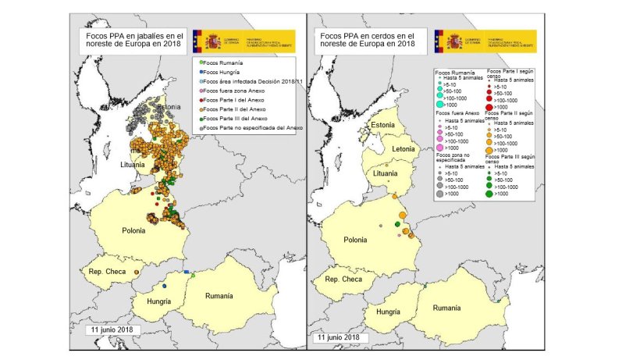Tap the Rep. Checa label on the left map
[103, 272]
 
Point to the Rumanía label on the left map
[219, 296]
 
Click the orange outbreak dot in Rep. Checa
[137, 272]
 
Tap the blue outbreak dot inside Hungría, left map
[165, 287]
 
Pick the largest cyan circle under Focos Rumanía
[441, 105]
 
